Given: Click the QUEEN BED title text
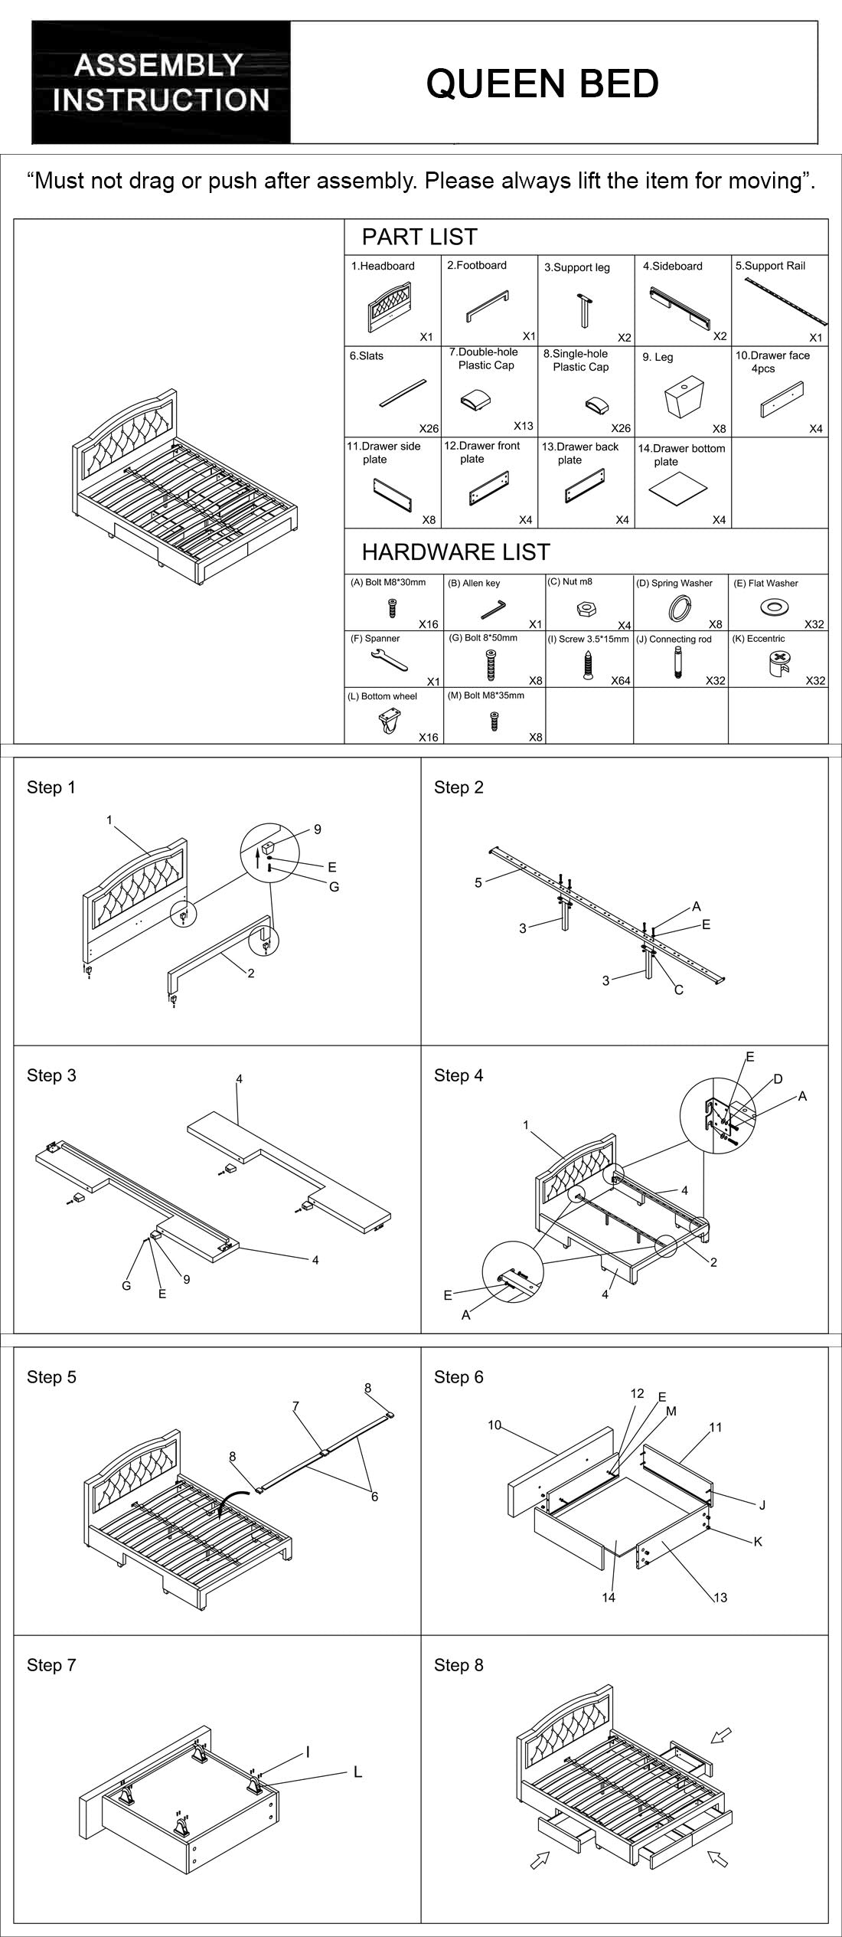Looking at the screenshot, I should [542, 83].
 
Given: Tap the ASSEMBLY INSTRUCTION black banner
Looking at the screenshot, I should [161, 82].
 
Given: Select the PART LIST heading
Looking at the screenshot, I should [419, 237].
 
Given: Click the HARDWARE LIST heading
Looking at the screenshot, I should [455, 552].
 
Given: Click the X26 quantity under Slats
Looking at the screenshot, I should [429, 429].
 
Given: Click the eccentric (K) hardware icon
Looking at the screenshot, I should [779, 662].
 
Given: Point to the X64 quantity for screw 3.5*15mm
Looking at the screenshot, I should [620, 680].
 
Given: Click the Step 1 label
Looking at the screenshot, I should [51, 787].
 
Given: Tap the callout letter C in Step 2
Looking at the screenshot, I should [678, 990].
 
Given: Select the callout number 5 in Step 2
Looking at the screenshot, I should [478, 882].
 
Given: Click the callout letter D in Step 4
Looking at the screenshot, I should [778, 1079].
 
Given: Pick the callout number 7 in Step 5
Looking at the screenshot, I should [295, 1406].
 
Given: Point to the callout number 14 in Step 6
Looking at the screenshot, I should [609, 1598].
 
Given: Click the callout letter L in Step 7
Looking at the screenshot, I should [357, 1772].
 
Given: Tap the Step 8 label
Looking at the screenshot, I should [459, 1665].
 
